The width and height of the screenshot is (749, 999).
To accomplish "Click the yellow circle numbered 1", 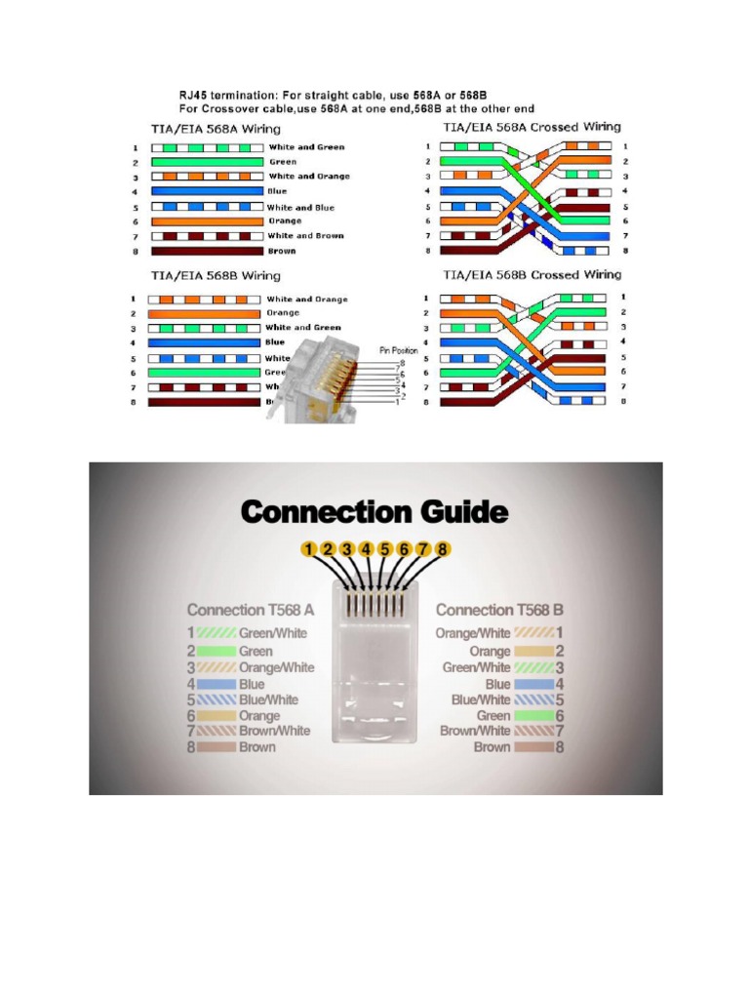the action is pyautogui.click(x=308, y=550).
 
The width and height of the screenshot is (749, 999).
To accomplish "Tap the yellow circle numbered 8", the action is pyautogui.click(x=442, y=550).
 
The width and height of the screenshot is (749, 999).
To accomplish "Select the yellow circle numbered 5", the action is pyautogui.click(x=385, y=550).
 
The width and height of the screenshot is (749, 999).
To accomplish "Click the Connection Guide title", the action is pyautogui.click(x=374, y=512).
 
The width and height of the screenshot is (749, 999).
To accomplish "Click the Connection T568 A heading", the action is pyautogui.click(x=251, y=610).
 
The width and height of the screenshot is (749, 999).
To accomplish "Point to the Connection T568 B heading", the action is pyautogui.click(x=499, y=610).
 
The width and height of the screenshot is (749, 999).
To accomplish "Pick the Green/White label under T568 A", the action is pyautogui.click(x=273, y=633).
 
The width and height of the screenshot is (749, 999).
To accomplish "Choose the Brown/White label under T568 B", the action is pyautogui.click(x=475, y=730).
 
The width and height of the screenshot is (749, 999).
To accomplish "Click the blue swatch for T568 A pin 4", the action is pyautogui.click(x=216, y=684).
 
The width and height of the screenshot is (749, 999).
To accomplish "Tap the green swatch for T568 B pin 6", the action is pyautogui.click(x=533, y=715).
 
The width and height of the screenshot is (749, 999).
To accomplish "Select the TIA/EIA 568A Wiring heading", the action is pyautogui.click(x=216, y=128).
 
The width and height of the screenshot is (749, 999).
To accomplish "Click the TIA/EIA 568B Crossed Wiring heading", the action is pyautogui.click(x=532, y=275).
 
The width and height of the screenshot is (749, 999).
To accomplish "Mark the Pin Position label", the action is pyautogui.click(x=398, y=349).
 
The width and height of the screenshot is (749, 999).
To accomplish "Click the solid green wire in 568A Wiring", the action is pyautogui.click(x=206, y=162).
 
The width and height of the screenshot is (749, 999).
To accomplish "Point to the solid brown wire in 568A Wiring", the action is pyautogui.click(x=206, y=251).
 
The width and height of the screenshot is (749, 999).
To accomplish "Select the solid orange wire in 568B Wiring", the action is pyautogui.click(x=206, y=313).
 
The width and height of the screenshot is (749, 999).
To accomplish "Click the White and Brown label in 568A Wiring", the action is pyautogui.click(x=306, y=236).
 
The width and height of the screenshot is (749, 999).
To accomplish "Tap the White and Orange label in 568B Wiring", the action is pyautogui.click(x=307, y=300).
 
